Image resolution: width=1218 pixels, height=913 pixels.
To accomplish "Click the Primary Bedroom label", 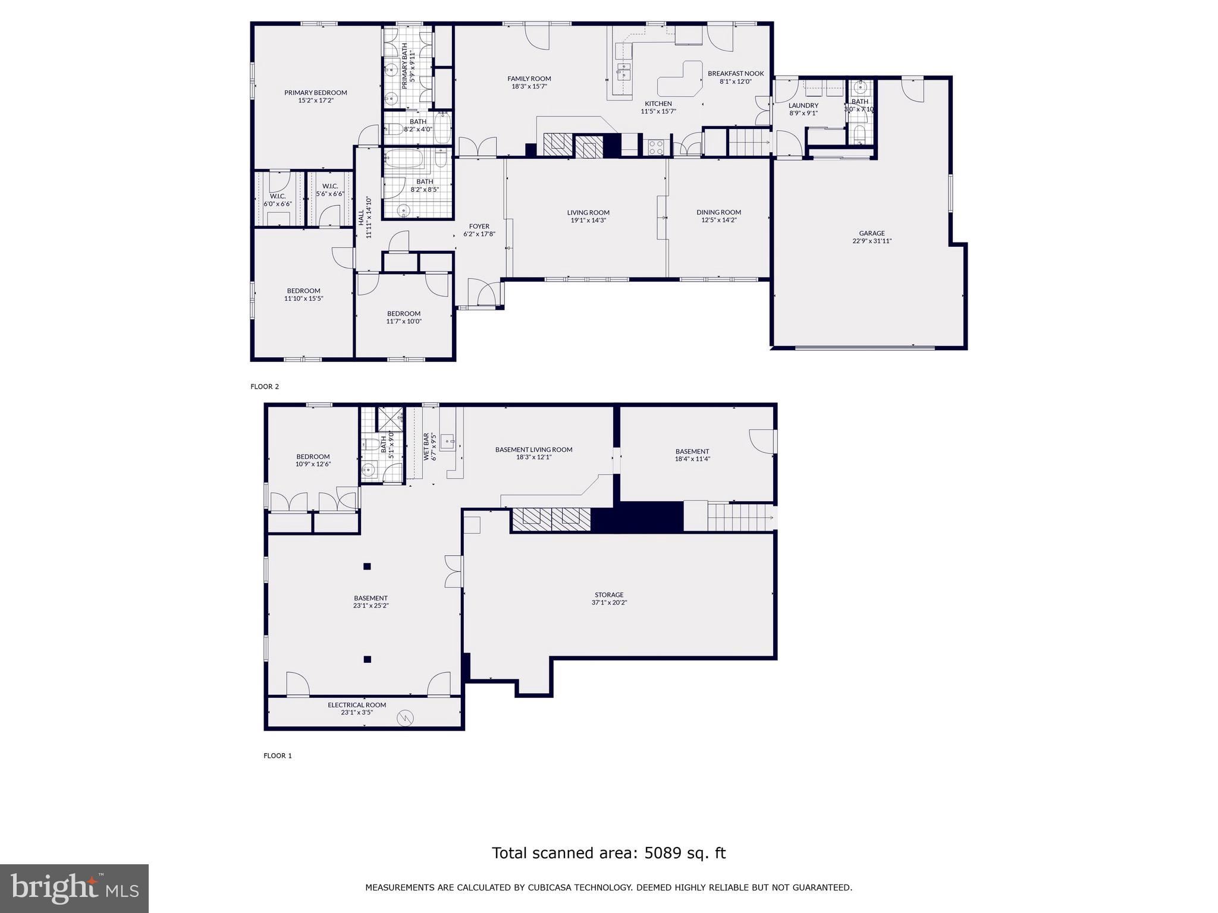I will (x=315, y=92).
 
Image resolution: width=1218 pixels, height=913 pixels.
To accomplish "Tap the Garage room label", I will (x=871, y=233).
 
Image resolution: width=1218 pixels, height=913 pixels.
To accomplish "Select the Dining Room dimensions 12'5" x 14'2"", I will (x=718, y=221).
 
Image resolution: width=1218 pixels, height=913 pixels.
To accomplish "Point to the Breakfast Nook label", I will (x=735, y=74).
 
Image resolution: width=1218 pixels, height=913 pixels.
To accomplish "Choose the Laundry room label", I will (x=803, y=105).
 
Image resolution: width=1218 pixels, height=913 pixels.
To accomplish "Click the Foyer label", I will (x=479, y=226).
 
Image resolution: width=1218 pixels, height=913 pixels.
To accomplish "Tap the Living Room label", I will (x=588, y=212).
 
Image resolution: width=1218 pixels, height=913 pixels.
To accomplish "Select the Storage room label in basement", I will (x=609, y=594).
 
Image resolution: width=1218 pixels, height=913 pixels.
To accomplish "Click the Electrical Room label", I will (x=357, y=705).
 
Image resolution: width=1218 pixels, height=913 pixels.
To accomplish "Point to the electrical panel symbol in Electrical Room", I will (x=404, y=718).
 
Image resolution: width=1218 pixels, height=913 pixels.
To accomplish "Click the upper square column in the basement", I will (x=367, y=566).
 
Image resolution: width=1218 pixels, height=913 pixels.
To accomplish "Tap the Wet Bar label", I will (x=426, y=447).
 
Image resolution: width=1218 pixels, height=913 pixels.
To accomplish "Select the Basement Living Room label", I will (x=533, y=449).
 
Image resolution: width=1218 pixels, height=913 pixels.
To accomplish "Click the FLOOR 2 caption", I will (x=265, y=386).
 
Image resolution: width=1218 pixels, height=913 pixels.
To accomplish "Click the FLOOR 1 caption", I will (x=278, y=755).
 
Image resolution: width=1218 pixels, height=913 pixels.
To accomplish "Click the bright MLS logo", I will (x=74, y=888).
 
